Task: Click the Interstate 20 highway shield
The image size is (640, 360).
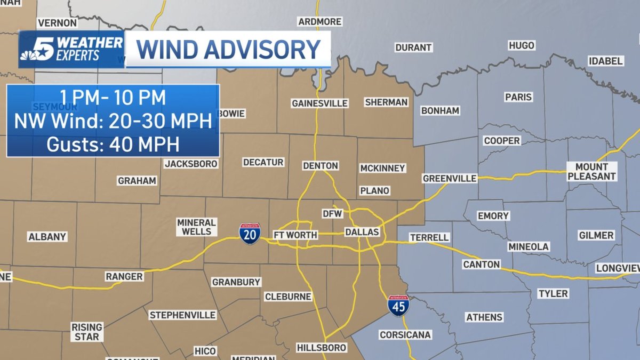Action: pos(250,234)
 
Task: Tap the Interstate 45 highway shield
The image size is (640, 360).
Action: pos(398,306)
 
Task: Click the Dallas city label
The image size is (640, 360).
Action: pos(362,232)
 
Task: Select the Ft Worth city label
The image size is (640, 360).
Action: pos(295,235)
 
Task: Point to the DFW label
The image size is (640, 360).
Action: pos(332,214)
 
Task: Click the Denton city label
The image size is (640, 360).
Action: pos(321,166)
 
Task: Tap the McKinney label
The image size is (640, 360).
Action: pos(382,168)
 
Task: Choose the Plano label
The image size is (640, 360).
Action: pos(374,190)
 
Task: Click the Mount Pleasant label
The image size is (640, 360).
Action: pos(591,171)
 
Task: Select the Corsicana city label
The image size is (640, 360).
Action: pos(405,335)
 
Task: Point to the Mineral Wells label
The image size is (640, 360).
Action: pos(196,227)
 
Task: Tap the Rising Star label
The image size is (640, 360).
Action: pos(86,332)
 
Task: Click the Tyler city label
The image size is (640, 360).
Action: pos(553,293)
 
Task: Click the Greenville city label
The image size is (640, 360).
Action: pos(450,178)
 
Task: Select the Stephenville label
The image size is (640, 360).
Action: pos(182,315)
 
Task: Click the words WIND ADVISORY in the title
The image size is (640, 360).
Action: pos(228,50)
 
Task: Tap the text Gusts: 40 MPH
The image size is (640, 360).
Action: pos(113,144)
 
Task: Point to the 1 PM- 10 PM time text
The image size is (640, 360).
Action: pos(113,98)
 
